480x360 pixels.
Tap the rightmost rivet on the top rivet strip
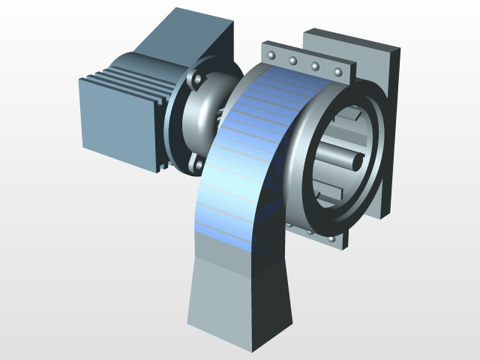point(338,73)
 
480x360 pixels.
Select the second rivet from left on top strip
point(293,61)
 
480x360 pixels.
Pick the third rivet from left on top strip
point(316,67)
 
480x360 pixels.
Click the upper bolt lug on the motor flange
point(196,78)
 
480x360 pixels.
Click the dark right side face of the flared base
point(277,300)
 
